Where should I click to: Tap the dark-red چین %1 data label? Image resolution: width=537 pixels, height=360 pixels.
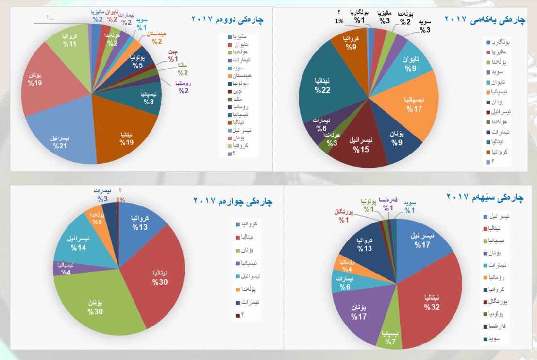tap(172, 55)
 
